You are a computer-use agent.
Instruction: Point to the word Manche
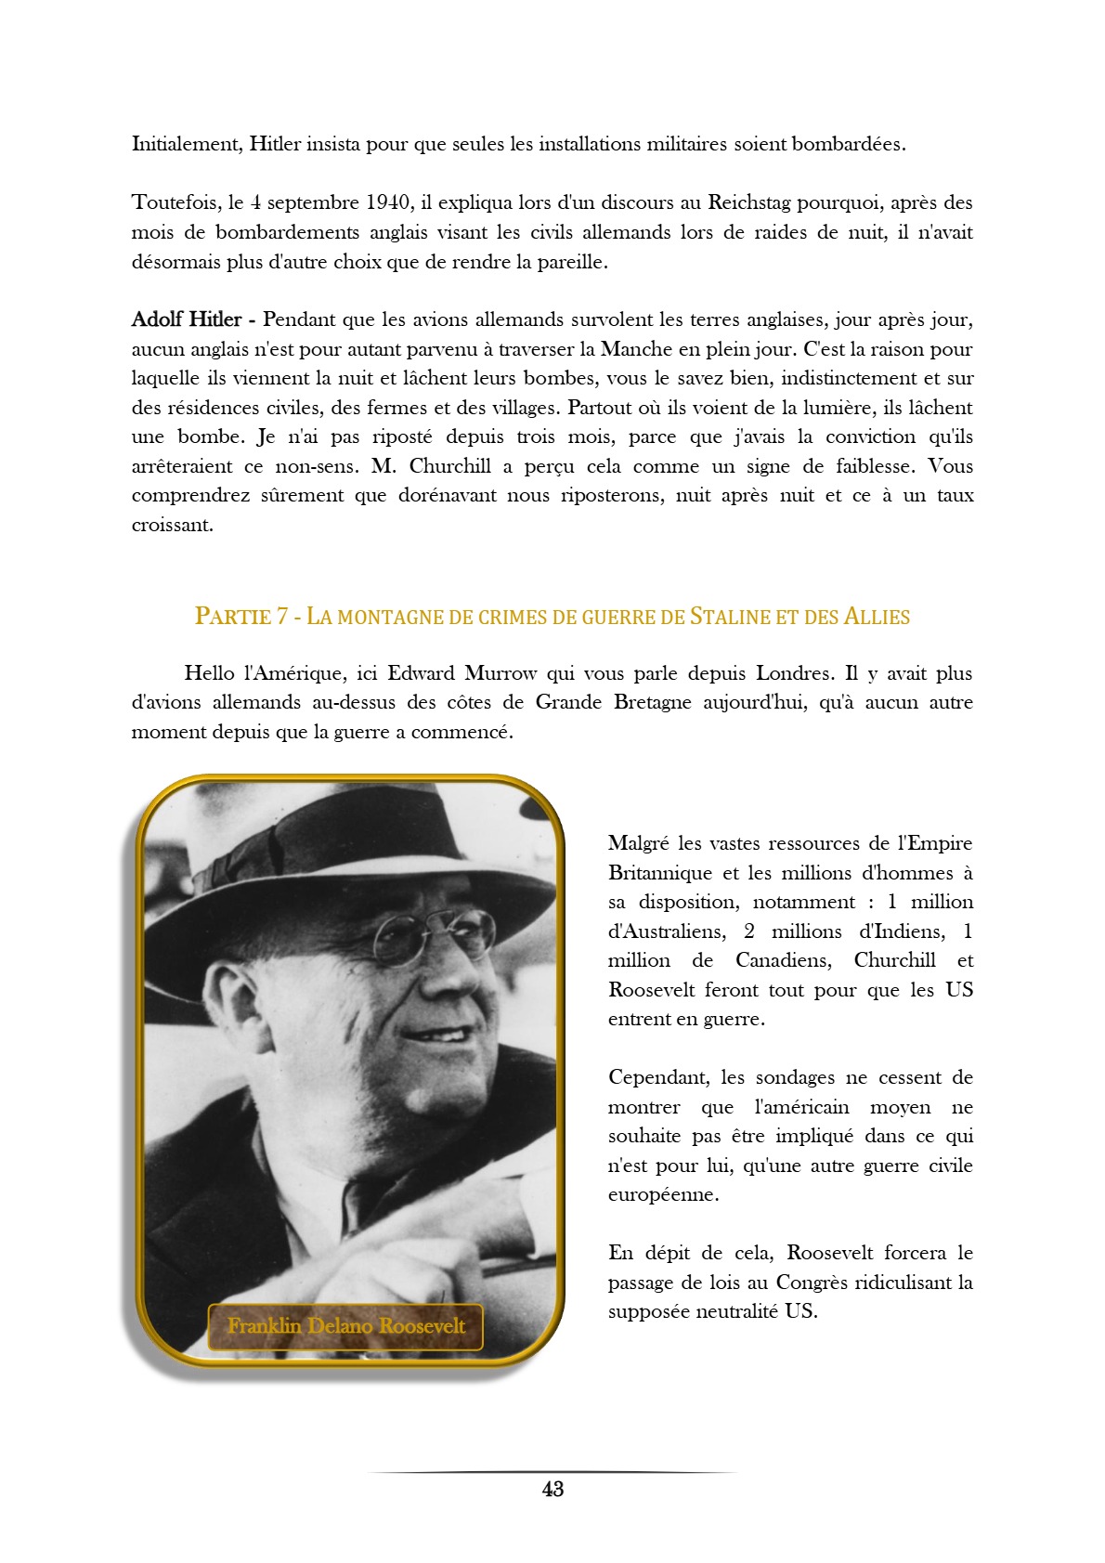pyautogui.click(x=637, y=349)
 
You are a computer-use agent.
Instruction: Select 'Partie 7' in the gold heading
pyautogui.click(x=240, y=616)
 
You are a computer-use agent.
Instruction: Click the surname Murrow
pyautogui.click(x=500, y=673)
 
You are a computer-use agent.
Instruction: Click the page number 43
pyautogui.click(x=552, y=1490)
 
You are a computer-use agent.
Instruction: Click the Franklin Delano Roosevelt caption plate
pyautogui.click(x=345, y=1326)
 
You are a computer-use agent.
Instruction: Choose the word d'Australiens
pyautogui.click(x=666, y=931)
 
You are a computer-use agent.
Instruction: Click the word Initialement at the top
pyautogui.click(x=187, y=144)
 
